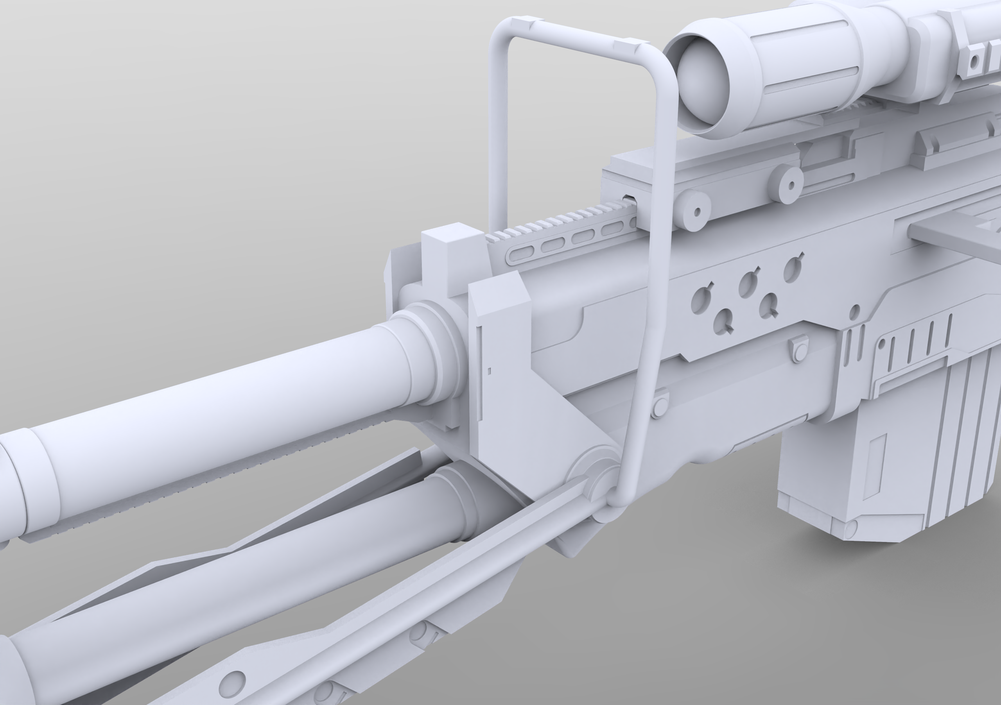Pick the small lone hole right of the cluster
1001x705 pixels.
(x=854, y=311)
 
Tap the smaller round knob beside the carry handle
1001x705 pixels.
(x=696, y=212)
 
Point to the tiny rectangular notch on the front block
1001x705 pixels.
(x=489, y=371)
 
